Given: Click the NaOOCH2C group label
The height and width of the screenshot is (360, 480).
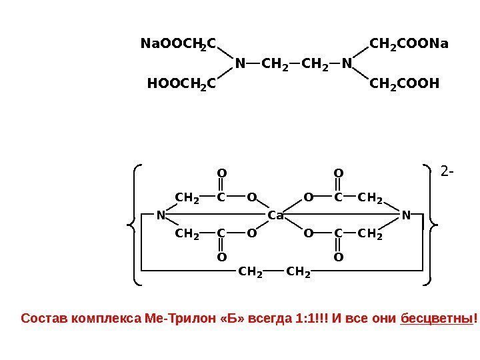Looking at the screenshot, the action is tap(178, 45).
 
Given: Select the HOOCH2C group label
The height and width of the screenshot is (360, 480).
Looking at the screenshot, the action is tap(181, 84).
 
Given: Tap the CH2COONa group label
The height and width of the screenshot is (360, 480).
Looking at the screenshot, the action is tap(409, 45).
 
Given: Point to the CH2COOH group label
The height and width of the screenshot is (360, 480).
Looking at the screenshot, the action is tap(405, 84).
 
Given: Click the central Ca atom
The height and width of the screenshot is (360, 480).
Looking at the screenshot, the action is tap(275, 215).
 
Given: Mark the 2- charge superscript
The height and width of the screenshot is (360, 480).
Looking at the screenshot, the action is tap(447, 173).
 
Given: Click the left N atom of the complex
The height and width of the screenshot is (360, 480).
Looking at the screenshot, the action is tap(161, 215).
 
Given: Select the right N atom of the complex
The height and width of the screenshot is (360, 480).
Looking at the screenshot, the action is tap(406, 215).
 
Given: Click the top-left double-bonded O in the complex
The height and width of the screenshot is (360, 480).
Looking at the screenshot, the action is tap(222, 174).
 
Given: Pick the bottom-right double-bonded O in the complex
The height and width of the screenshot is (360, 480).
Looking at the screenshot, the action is tap(338, 256).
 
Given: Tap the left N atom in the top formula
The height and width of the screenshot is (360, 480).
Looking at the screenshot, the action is tap(240, 65).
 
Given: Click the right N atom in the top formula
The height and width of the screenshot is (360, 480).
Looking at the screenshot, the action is tap(346, 65).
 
